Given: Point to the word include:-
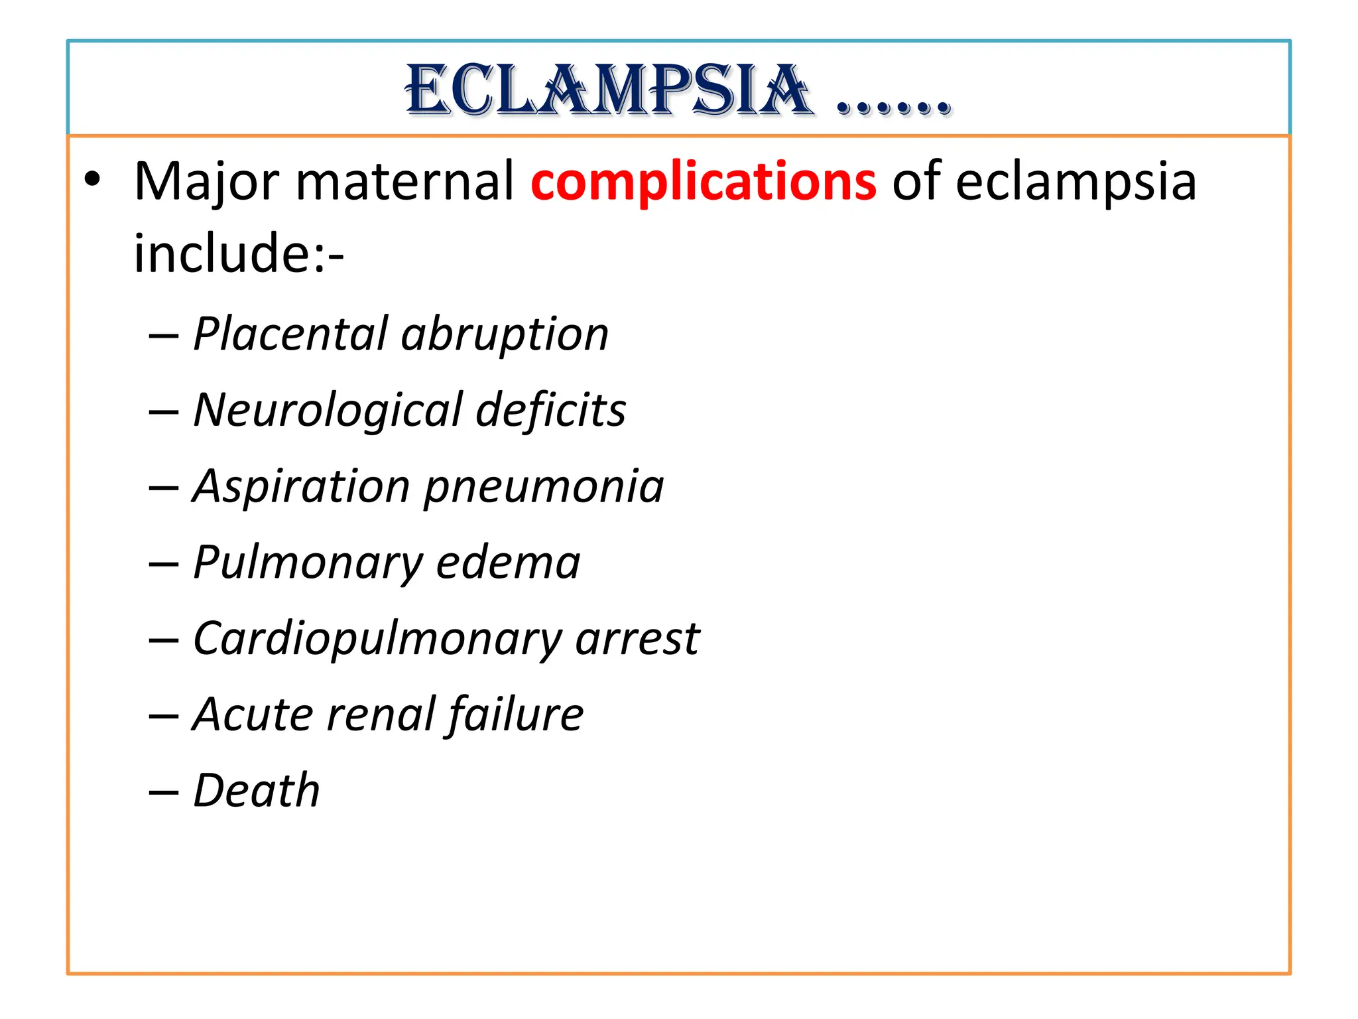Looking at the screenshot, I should coord(239,253).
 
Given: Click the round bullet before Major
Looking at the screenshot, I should coord(92,179).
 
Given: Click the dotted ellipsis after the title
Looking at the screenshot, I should coord(894,106).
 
